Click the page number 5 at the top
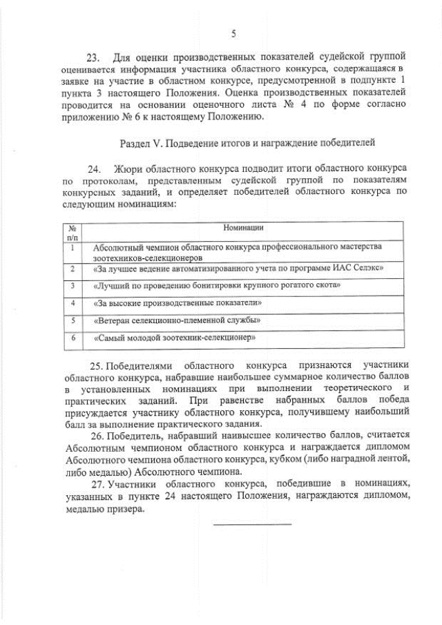(x=233, y=33)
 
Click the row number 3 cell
(x=72, y=285)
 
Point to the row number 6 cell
(x=72, y=338)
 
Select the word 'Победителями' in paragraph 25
(x=138, y=365)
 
